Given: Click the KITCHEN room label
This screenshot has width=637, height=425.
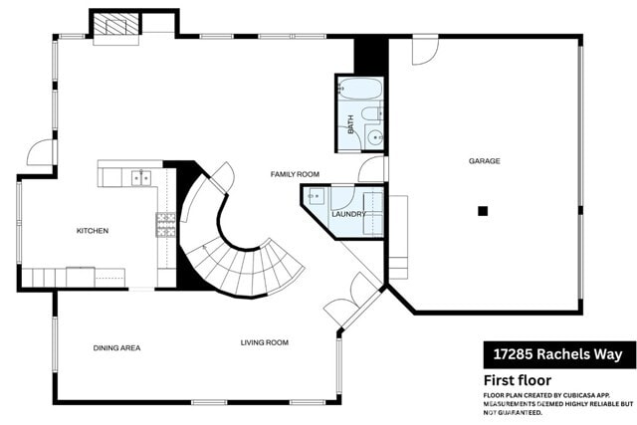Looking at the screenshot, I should click(x=93, y=231).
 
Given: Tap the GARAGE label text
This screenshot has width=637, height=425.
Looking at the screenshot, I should click(x=485, y=160).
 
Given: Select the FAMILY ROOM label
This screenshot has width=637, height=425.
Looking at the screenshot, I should click(x=295, y=174).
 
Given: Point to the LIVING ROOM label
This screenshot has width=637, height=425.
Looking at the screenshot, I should click(x=264, y=342).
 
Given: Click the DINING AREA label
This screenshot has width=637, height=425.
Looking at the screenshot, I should click(x=116, y=347).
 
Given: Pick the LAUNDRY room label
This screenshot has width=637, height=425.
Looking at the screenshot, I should click(x=348, y=214).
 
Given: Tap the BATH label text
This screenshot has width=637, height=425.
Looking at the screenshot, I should click(x=350, y=124).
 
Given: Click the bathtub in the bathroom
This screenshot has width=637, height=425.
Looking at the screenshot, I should click(x=358, y=90).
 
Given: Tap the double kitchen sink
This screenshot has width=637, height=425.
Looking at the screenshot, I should click(x=141, y=178).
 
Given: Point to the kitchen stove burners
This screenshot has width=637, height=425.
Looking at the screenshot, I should click(x=164, y=225).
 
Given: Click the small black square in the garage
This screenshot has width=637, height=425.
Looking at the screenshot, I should click(x=483, y=210).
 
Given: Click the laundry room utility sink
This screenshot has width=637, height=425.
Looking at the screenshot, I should click(x=315, y=196).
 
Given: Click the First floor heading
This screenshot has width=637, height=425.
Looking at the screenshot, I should click(x=518, y=380).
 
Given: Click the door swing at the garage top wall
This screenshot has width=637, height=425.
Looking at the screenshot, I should click(x=425, y=47).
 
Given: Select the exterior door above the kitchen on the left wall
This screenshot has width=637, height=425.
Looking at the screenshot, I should click(x=42, y=152).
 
